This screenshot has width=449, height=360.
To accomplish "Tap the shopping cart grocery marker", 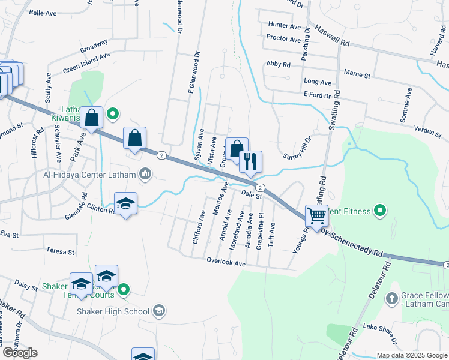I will click(316, 215).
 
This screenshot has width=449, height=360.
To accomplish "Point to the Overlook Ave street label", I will click(226, 263).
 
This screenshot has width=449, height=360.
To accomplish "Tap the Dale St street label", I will click(253, 195).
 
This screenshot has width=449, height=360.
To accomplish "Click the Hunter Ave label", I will click(285, 26).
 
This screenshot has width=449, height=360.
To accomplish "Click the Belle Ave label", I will click(42, 12).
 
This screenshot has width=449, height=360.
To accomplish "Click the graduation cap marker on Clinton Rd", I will click(126, 204).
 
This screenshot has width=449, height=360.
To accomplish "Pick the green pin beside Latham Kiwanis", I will click(112, 113).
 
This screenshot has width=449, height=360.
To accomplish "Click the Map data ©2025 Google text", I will click(411, 355).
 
